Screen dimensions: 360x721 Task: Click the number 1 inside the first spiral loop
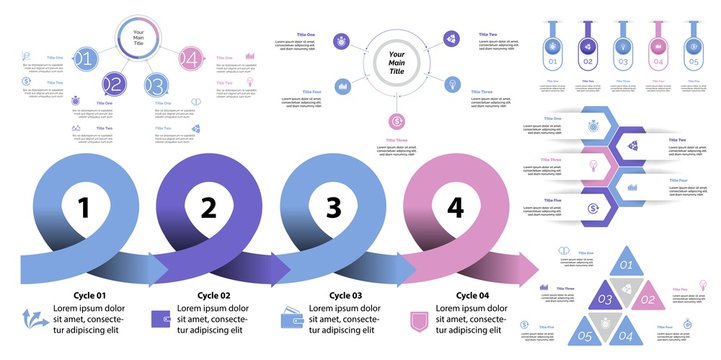84,208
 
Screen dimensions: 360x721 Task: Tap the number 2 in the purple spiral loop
208,208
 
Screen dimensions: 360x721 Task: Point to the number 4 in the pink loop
456,207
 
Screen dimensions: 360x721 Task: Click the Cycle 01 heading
86,295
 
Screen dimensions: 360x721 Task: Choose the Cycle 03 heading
344,295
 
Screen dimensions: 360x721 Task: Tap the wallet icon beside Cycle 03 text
292,317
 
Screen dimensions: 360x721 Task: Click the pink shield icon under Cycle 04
421,321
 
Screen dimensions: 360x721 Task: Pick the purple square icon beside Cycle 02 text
160,319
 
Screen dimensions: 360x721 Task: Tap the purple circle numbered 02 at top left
114,85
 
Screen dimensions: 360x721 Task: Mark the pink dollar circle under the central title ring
397,122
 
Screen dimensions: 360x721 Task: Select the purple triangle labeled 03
606,299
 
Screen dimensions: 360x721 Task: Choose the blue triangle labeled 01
626,265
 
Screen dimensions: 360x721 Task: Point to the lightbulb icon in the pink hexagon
592,165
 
